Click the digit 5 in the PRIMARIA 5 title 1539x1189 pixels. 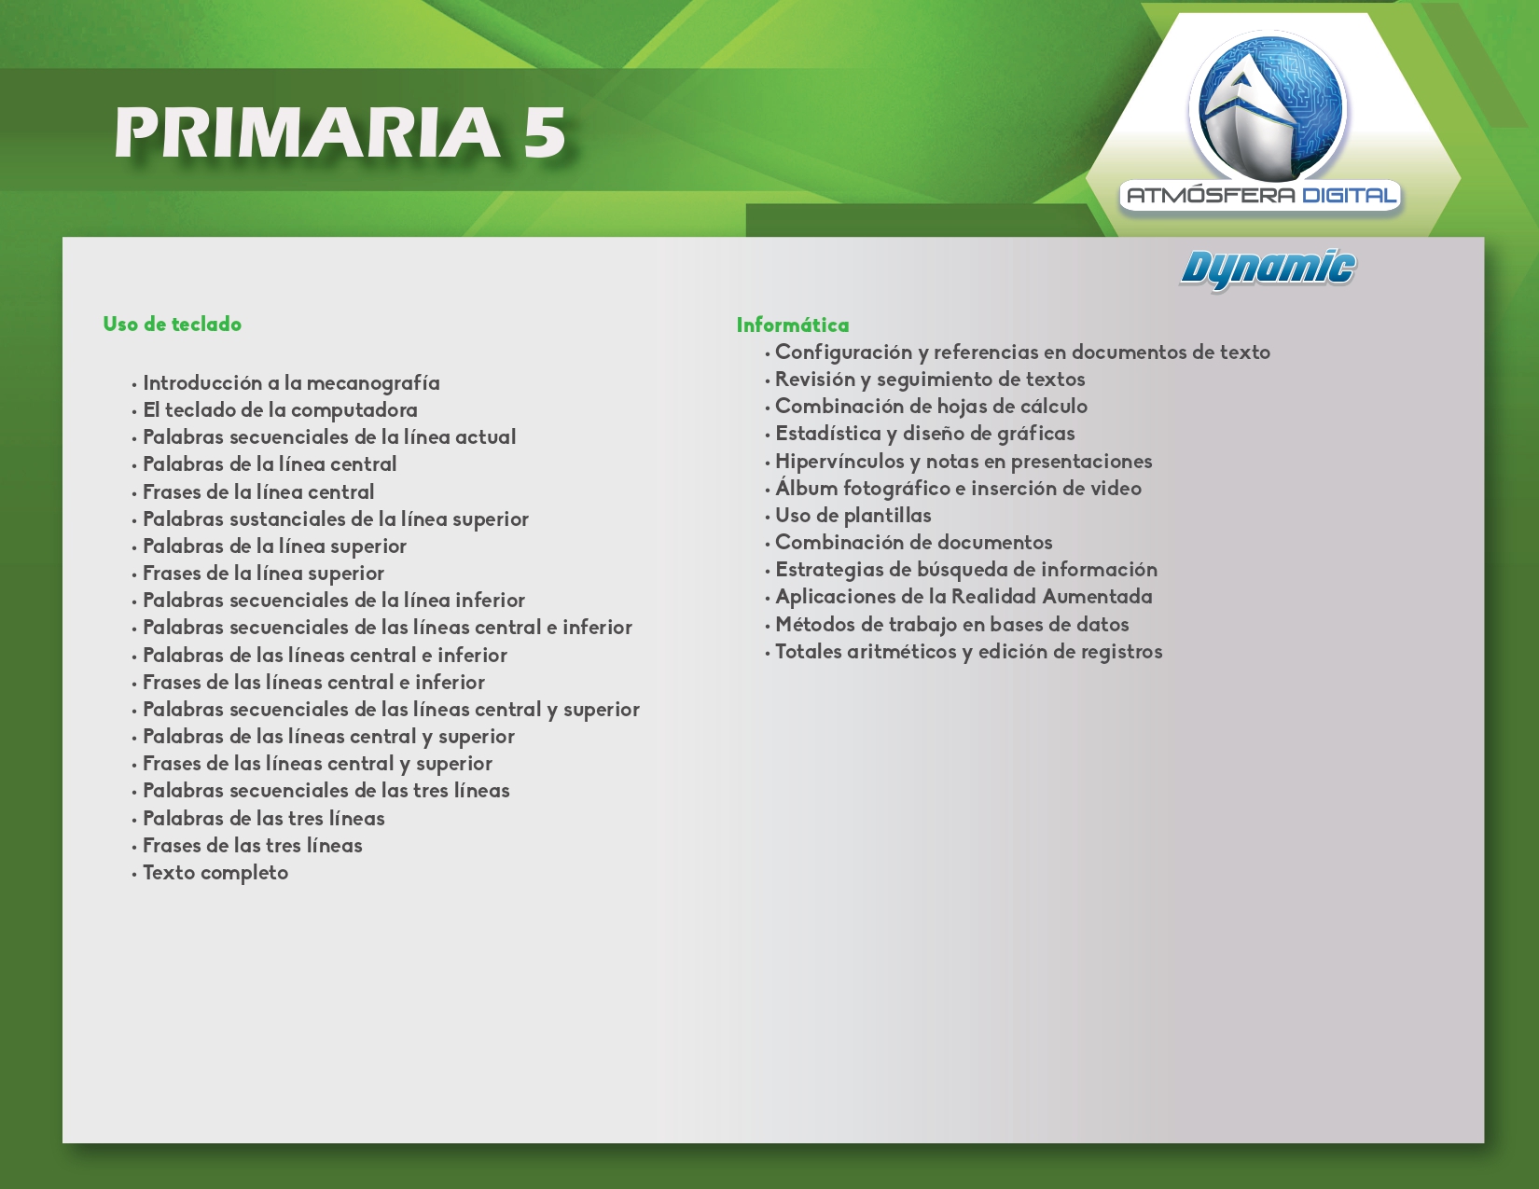(x=545, y=132)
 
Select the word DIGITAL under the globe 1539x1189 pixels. (x=1349, y=195)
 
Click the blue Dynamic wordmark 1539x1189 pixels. (x=1268, y=270)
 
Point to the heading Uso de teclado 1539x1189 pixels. (x=173, y=324)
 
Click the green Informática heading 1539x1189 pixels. (x=793, y=325)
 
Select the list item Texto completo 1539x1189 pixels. (x=215, y=873)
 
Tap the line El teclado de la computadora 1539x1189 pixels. (x=280, y=410)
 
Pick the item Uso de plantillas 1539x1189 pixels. (x=853, y=516)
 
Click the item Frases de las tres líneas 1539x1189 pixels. (x=252, y=846)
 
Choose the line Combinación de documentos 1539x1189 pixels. (x=914, y=543)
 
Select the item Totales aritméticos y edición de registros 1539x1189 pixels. (x=969, y=652)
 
